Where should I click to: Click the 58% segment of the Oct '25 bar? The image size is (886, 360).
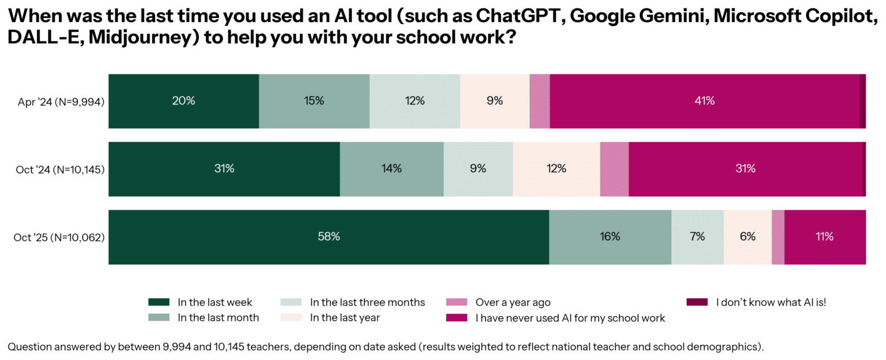point(329,237)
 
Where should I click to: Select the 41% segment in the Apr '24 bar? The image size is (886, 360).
point(704,101)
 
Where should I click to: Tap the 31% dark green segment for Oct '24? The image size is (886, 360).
point(224,169)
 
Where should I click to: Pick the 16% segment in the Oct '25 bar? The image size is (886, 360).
point(610,237)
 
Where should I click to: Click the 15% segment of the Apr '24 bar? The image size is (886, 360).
point(314,101)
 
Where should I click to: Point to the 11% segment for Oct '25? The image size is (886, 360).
point(824,237)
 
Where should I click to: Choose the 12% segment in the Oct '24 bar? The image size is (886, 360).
point(556,169)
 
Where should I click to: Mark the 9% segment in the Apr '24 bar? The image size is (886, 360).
point(495,101)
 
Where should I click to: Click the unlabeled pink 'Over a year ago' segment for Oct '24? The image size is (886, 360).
point(614,169)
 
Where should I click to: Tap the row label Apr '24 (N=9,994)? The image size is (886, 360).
point(61,102)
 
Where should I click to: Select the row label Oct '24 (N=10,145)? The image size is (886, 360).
point(60,169)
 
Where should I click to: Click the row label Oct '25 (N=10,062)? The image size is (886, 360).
point(59,238)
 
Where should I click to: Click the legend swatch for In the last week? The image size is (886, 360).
point(159,302)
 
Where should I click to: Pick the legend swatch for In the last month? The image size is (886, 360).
point(159,318)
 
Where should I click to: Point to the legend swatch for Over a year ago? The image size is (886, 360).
point(457,302)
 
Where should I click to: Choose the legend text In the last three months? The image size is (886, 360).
point(367,302)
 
